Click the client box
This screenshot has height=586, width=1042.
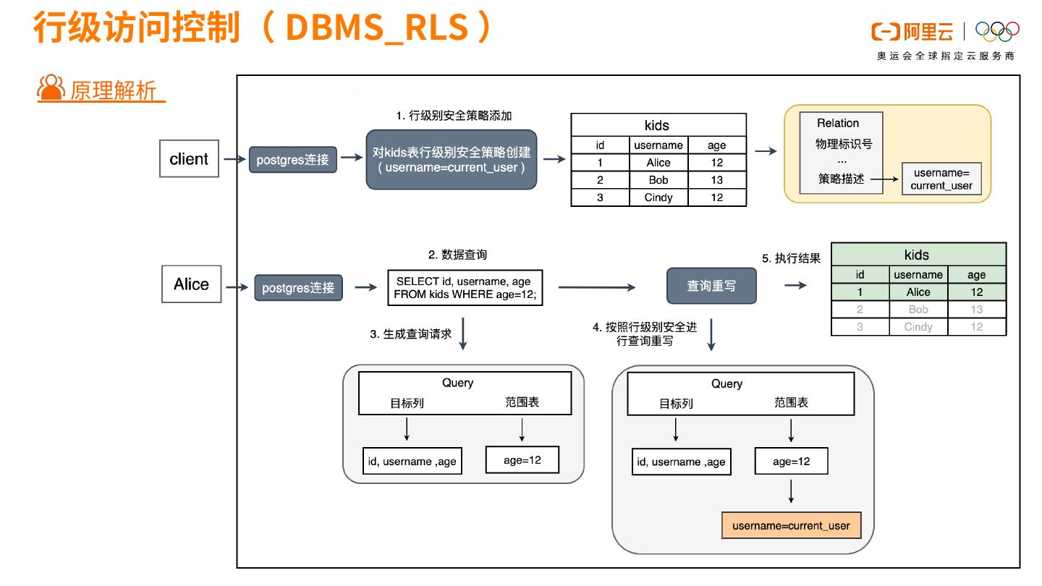pyautogui.click(x=189, y=158)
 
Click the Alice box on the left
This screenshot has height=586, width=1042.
pyautogui.click(x=191, y=284)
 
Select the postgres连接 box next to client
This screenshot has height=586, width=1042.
pyautogui.click(x=292, y=159)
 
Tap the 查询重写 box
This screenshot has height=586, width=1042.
pyautogui.click(x=711, y=286)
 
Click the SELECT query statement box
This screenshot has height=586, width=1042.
pyautogui.click(x=465, y=288)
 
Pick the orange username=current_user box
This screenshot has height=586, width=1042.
pyautogui.click(x=792, y=525)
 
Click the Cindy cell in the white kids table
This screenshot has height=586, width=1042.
pyautogui.click(x=658, y=198)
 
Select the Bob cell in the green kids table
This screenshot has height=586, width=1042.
pyautogui.click(x=918, y=310)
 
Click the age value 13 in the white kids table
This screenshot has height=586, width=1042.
pyautogui.click(x=717, y=180)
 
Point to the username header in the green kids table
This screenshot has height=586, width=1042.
pyautogui.click(x=918, y=275)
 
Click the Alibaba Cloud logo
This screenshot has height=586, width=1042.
pyautogui.click(x=912, y=32)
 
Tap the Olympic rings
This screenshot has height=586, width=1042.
pyautogui.click(x=997, y=32)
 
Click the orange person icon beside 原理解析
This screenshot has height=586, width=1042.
pyautogui.click(x=51, y=88)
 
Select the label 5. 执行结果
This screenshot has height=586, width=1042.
pyautogui.click(x=791, y=258)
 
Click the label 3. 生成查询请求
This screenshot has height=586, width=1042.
pyautogui.click(x=411, y=334)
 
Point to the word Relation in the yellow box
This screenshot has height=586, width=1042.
pyautogui.click(x=838, y=123)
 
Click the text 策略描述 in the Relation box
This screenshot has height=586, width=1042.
pyautogui.click(x=841, y=179)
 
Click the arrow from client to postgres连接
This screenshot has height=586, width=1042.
pyautogui.click(x=234, y=159)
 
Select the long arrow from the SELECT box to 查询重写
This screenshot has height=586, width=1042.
pyautogui.click(x=597, y=287)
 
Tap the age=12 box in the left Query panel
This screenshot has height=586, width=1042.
pyautogui.click(x=522, y=460)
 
